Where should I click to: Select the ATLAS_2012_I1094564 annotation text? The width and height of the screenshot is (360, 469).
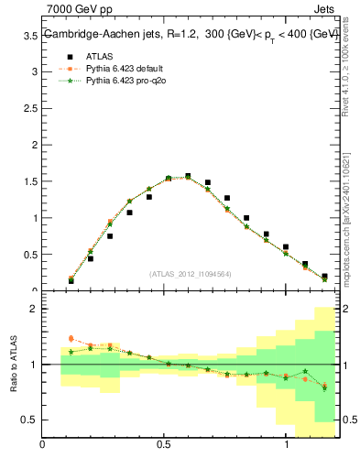click(190, 273)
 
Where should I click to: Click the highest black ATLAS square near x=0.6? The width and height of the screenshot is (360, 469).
click(188, 176)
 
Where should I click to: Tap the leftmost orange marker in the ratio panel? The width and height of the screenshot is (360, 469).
click(71, 339)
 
